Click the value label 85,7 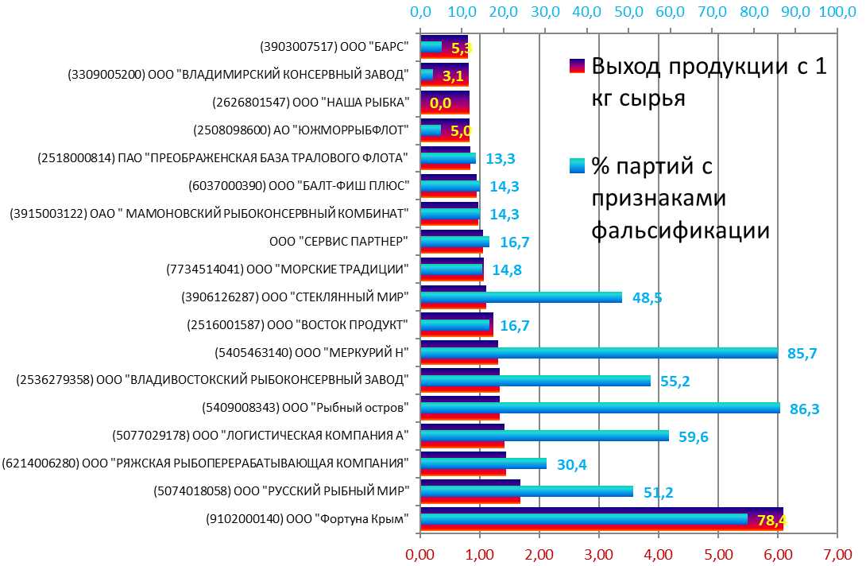click(803, 354)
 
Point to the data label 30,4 click(571, 465)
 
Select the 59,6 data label click(694, 436)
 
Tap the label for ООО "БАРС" click(334, 47)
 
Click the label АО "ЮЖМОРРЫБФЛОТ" click(301, 130)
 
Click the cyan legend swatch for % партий click(577, 166)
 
